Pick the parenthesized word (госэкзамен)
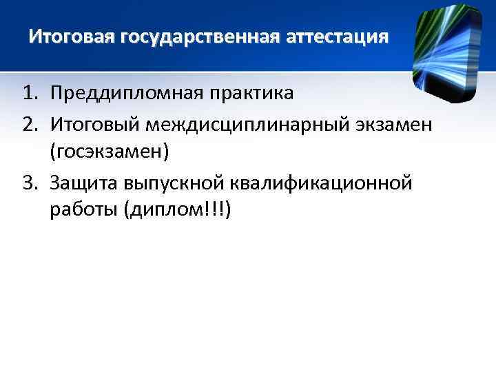click(x=109, y=152)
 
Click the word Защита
click(x=87, y=183)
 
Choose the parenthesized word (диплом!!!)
click(x=178, y=211)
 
